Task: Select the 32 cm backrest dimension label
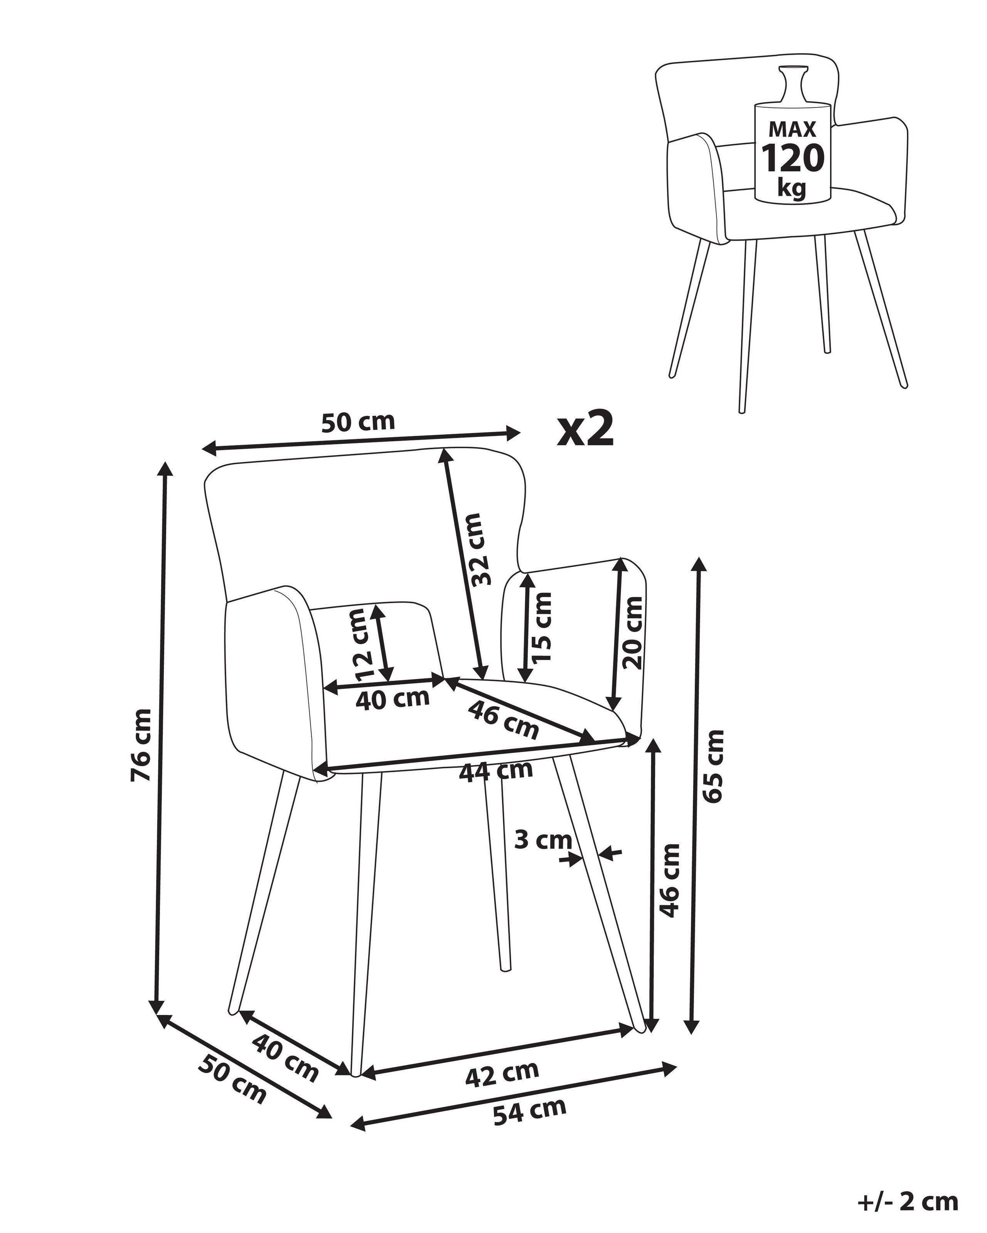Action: (478, 549)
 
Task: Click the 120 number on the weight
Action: (792, 158)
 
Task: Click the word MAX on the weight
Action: (792, 129)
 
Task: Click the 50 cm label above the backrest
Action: (358, 422)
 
